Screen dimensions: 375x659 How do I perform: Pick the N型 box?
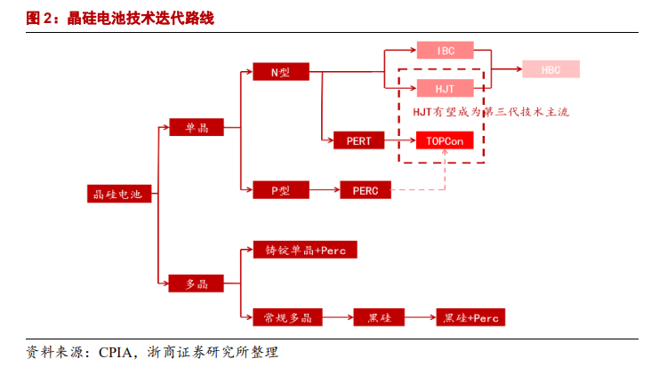pos(279,71)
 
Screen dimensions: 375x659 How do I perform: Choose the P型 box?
pos(279,189)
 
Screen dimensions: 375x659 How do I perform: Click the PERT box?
pos(359,140)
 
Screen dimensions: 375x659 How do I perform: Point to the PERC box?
pos(366,190)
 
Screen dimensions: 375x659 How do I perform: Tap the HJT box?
pos(445,88)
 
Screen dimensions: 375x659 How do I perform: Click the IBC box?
pos(445,51)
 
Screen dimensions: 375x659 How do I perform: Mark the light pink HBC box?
pos(550,68)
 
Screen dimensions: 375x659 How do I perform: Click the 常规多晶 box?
pos(287,317)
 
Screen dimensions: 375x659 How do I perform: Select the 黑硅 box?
pos(380,317)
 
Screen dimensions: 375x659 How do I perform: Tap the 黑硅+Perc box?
pos(470,317)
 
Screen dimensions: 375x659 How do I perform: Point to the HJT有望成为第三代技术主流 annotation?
pos(490,113)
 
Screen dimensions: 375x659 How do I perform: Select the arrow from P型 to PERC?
pos(325,189)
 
